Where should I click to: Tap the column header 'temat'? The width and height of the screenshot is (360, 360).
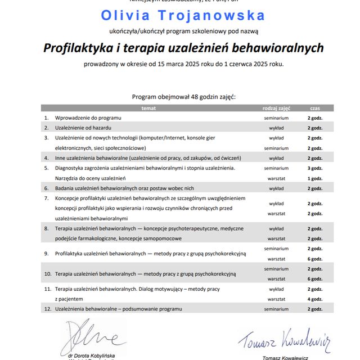[x=148, y=107]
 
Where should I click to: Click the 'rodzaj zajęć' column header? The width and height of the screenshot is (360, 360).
[x=276, y=107]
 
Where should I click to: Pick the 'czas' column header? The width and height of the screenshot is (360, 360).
[x=314, y=107]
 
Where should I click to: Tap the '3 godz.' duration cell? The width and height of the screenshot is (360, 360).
[x=314, y=168]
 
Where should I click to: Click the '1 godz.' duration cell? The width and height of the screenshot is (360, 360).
[x=314, y=178]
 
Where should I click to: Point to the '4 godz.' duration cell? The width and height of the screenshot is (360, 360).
[x=314, y=299]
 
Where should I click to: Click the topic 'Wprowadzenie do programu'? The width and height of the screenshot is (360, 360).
[x=88, y=118]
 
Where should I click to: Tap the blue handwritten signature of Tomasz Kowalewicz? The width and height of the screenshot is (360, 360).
[x=283, y=339]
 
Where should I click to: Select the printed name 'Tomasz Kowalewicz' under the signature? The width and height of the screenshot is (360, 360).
[x=285, y=357]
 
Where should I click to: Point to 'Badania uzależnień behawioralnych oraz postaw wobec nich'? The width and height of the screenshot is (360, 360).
[x=124, y=188]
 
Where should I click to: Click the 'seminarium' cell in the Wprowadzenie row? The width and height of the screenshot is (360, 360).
[x=276, y=118]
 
